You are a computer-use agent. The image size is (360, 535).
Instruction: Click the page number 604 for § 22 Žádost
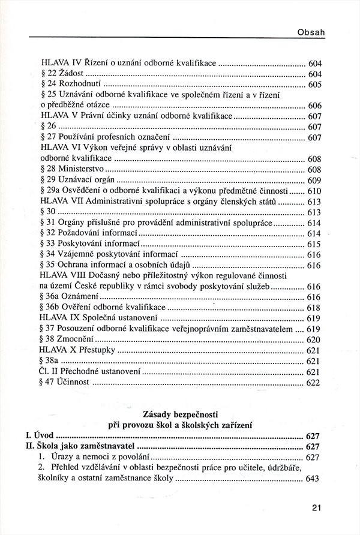point(315,74)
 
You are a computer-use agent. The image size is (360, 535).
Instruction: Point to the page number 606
point(315,105)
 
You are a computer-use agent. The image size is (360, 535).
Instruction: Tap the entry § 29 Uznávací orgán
point(78,180)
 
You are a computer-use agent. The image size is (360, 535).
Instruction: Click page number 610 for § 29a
point(315,191)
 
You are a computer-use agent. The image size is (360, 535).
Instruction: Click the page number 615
point(315,245)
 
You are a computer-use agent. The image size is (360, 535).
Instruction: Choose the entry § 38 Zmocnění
point(68,339)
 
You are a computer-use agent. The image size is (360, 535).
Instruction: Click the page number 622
point(315,383)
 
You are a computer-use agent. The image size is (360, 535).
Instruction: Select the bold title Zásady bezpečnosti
point(181,414)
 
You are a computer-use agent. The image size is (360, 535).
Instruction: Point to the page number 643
point(315,479)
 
